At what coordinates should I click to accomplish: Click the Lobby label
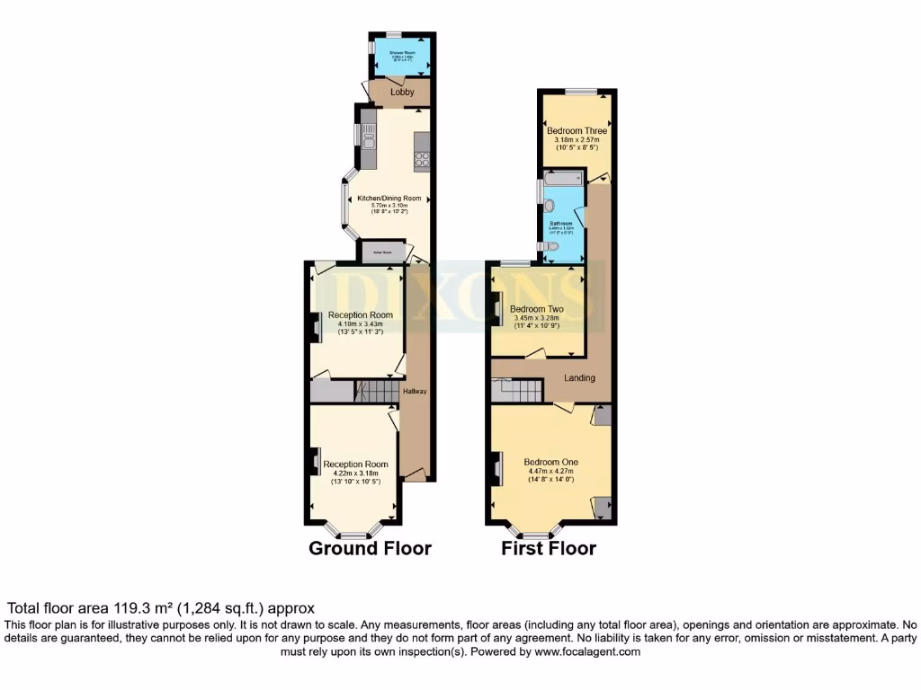click(x=401, y=92)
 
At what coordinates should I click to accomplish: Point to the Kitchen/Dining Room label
click(x=389, y=199)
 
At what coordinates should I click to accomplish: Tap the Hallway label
click(x=414, y=392)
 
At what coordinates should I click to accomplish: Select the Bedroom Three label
click(x=577, y=131)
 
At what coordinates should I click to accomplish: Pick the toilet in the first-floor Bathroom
click(x=550, y=246)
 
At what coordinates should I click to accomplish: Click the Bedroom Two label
click(x=537, y=308)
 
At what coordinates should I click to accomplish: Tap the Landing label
click(x=579, y=378)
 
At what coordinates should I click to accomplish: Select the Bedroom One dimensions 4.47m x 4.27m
click(x=550, y=471)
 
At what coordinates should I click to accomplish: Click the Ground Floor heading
click(x=370, y=548)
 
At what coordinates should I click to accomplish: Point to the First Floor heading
click(x=549, y=548)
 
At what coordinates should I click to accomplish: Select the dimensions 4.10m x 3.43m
click(x=360, y=324)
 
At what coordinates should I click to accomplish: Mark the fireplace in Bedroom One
click(x=497, y=468)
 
